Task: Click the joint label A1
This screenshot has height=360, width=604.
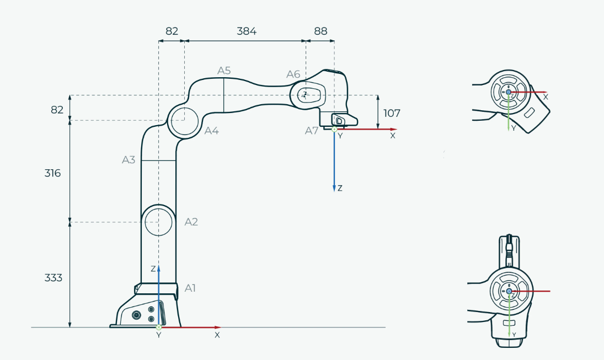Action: [x=190, y=288]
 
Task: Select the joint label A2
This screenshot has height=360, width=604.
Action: [x=191, y=222]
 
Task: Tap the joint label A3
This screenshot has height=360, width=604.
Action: [x=129, y=160]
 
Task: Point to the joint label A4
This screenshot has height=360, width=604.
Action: [x=211, y=131]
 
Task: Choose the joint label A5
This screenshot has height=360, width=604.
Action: [x=224, y=71]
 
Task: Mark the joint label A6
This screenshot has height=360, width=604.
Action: [x=293, y=74]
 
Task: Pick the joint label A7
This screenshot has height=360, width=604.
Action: [x=312, y=131]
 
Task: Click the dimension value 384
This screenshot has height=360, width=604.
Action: [x=247, y=31]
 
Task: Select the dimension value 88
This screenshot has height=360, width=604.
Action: [x=320, y=31]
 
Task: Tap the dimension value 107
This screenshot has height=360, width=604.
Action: [x=392, y=113]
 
